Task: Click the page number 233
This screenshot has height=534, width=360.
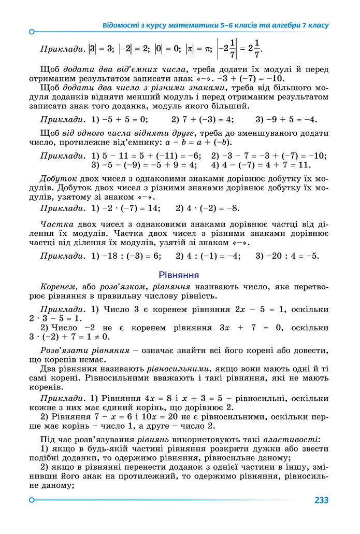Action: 321,500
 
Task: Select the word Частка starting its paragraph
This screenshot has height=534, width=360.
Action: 54,224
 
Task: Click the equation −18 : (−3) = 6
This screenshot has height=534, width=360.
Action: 131,256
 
